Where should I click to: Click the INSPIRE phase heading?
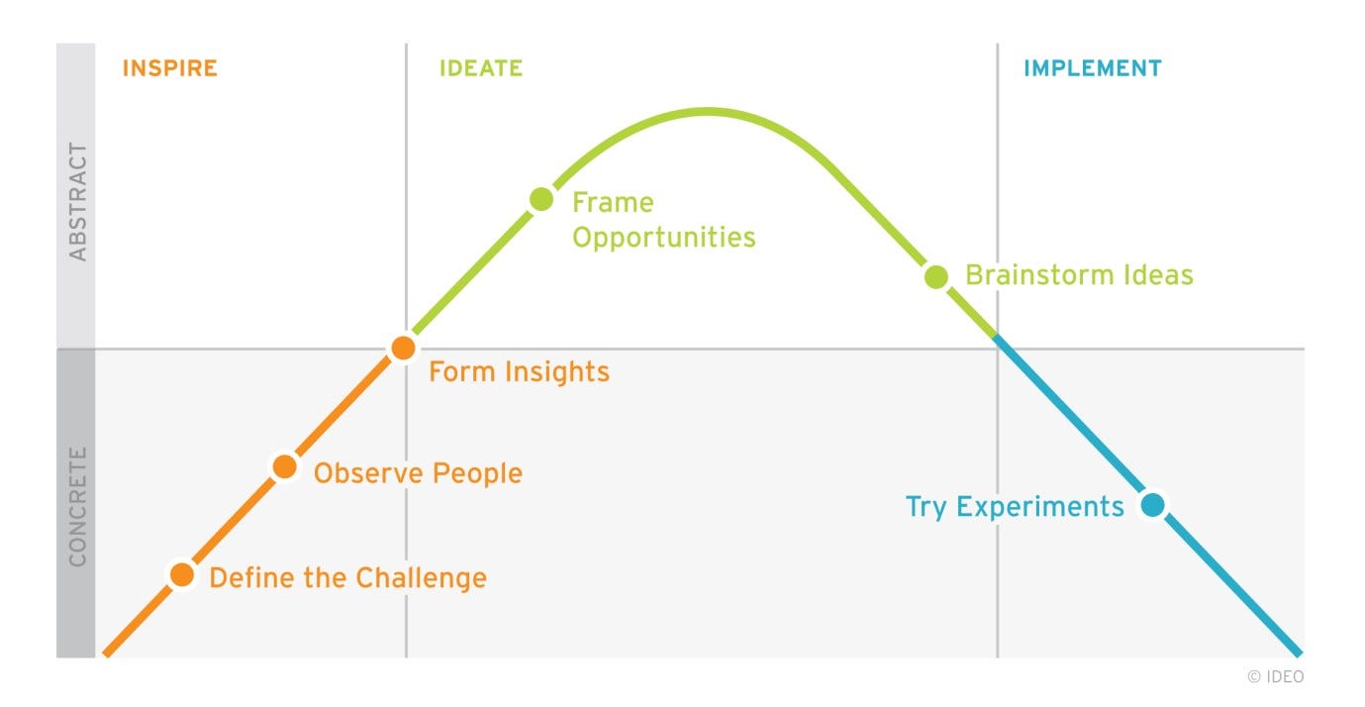(x=170, y=68)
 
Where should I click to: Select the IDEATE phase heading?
(x=481, y=68)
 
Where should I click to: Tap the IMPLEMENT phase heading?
(x=1093, y=68)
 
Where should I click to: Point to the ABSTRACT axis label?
(x=77, y=202)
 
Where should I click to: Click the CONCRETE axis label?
(x=77, y=506)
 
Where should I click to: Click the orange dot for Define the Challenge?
(x=182, y=574)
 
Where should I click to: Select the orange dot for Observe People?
(x=284, y=467)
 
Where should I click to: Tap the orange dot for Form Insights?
(x=404, y=348)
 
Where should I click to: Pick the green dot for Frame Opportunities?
(x=541, y=199)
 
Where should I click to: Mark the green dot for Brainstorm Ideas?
(x=936, y=276)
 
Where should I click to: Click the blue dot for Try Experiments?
(x=1153, y=505)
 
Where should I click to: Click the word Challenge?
(x=421, y=578)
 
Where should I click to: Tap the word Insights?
(x=557, y=372)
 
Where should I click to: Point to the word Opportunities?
(x=664, y=238)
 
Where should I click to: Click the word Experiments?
(x=1040, y=507)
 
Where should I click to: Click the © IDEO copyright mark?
(x=1276, y=676)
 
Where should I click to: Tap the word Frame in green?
(x=613, y=202)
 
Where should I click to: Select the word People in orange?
(x=478, y=474)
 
